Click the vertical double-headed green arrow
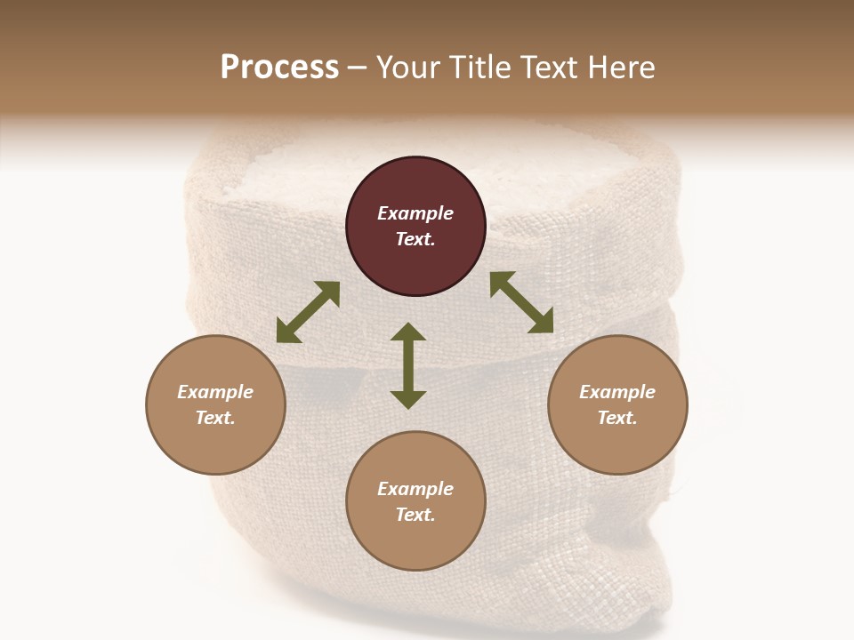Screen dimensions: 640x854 point(408,365)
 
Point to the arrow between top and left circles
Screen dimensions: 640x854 point(308,312)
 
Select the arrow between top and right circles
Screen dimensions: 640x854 point(522,302)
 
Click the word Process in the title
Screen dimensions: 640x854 point(279,68)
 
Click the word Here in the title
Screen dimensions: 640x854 point(621,68)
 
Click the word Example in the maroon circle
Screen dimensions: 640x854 point(415,213)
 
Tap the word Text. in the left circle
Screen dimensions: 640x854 point(215,418)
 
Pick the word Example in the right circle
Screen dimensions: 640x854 point(617,392)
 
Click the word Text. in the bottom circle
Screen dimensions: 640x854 point(415,515)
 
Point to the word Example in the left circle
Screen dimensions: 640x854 point(215,392)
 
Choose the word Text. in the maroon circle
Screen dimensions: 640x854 point(415,239)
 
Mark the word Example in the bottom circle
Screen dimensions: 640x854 point(415,489)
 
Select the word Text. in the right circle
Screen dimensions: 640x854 point(617,418)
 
